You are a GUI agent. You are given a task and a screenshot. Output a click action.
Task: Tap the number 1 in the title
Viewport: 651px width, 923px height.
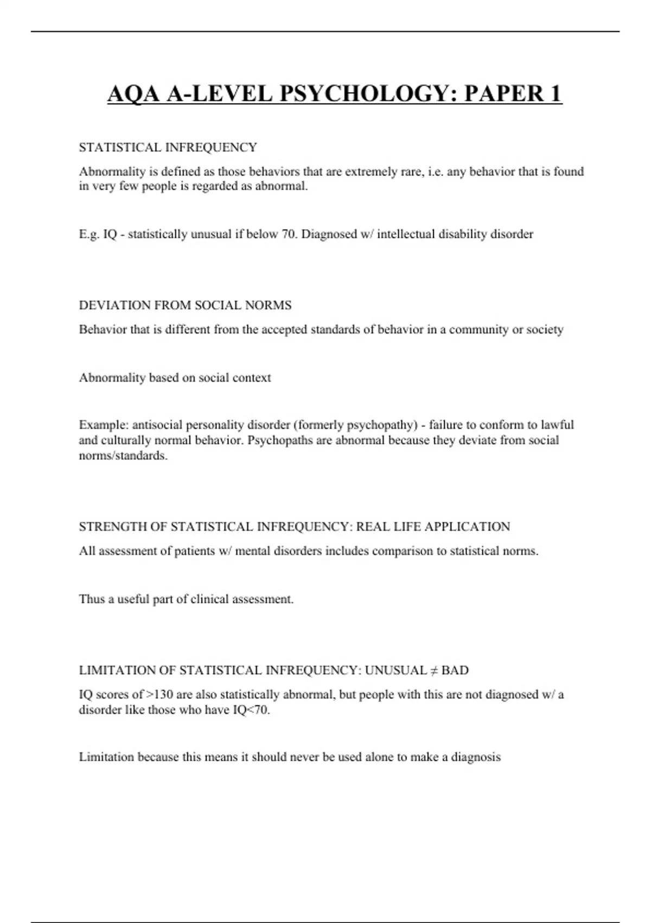pos(555,93)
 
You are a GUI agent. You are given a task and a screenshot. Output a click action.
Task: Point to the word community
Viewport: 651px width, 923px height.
pos(475,330)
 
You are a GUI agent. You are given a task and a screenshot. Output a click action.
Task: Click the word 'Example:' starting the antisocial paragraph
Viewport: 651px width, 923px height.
pos(103,425)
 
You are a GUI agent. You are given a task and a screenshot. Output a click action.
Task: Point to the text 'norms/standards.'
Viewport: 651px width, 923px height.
pos(123,456)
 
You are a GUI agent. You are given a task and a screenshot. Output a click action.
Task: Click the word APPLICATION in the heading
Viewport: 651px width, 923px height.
pos(467,527)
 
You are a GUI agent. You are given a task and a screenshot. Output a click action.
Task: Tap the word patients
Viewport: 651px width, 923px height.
pos(194,551)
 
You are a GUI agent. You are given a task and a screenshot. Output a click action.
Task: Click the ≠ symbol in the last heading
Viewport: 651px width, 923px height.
pos(433,671)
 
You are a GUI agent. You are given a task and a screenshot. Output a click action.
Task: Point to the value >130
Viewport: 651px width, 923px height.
pos(160,694)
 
